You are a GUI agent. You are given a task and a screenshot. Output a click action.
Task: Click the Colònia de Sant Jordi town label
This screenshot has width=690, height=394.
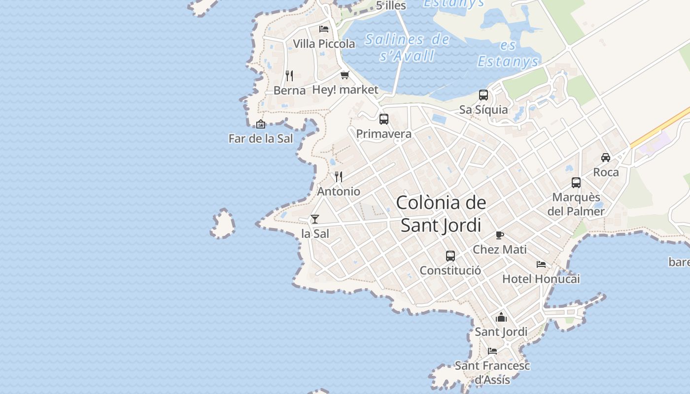[x=441, y=214]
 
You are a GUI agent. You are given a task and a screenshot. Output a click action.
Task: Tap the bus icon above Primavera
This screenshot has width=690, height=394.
[x=384, y=119]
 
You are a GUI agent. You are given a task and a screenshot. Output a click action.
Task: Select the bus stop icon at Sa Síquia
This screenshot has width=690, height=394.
[x=483, y=95]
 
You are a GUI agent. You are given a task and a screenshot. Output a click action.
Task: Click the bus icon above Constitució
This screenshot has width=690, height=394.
[x=450, y=256]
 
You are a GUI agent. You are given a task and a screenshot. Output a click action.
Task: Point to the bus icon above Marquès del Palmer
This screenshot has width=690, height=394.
[x=576, y=183]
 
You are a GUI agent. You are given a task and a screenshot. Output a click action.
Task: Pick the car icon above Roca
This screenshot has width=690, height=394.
[x=606, y=158]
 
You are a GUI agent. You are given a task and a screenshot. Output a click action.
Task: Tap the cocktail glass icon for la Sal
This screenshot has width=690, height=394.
[x=315, y=219]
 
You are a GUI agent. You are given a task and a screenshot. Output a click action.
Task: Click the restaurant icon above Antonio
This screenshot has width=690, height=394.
[x=339, y=176]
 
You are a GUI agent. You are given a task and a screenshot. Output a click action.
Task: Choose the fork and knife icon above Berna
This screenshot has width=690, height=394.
[x=289, y=75]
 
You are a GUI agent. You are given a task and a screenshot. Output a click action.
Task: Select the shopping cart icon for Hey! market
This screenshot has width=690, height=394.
[x=345, y=75]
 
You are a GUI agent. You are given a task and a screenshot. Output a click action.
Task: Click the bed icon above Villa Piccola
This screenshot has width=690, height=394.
[x=324, y=29]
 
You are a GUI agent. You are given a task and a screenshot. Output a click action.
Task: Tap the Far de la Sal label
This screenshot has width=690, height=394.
[x=261, y=139]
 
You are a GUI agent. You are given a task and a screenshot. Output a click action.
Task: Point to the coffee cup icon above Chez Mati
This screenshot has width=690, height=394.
[x=500, y=235]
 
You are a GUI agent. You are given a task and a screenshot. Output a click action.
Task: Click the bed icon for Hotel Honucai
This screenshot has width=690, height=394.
[x=541, y=264]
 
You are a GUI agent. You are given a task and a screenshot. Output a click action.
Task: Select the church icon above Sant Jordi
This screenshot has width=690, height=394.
[x=501, y=317]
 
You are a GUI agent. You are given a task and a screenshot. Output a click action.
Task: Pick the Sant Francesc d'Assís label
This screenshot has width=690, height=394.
[x=492, y=373]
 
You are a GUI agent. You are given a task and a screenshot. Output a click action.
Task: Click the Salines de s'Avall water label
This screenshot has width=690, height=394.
[x=407, y=47]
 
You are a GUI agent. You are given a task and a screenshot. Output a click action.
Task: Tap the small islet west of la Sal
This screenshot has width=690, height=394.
[x=223, y=224]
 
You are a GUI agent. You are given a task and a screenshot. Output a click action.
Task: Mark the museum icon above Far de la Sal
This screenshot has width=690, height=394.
[x=261, y=124]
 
